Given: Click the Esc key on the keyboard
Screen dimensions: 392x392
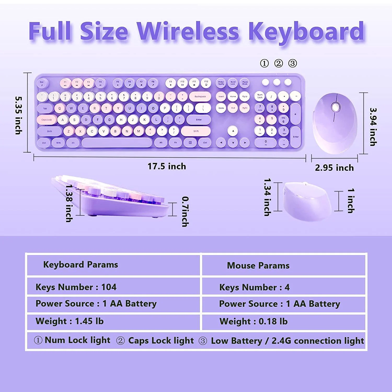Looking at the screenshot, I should (42, 83).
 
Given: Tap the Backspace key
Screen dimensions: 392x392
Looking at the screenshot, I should (200, 96).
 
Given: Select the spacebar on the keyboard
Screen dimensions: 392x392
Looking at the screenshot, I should (117, 143).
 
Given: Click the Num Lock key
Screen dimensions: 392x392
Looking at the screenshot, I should (260, 96).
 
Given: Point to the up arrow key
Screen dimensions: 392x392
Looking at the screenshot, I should (233, 131).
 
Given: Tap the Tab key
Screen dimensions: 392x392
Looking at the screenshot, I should (45, 108).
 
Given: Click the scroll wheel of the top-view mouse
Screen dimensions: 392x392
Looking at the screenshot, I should (336, 107).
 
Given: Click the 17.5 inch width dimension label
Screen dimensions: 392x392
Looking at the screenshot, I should (167, 166).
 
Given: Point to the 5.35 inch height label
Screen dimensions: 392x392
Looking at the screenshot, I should (19, 116).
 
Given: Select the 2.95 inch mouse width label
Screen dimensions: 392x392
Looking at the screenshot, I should (334, 168).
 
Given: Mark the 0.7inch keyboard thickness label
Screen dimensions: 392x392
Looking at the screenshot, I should (185, 211).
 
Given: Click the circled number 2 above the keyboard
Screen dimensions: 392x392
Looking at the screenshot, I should (278, 63).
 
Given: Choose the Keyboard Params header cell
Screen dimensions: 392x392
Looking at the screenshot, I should (80, 265).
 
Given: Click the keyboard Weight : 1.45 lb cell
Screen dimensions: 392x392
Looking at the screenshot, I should (70, 321).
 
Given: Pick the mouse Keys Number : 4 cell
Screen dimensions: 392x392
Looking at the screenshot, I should (254, 287).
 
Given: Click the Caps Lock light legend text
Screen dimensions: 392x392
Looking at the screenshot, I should (161, 341).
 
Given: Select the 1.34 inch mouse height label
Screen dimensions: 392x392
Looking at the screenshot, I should (267, 197).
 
